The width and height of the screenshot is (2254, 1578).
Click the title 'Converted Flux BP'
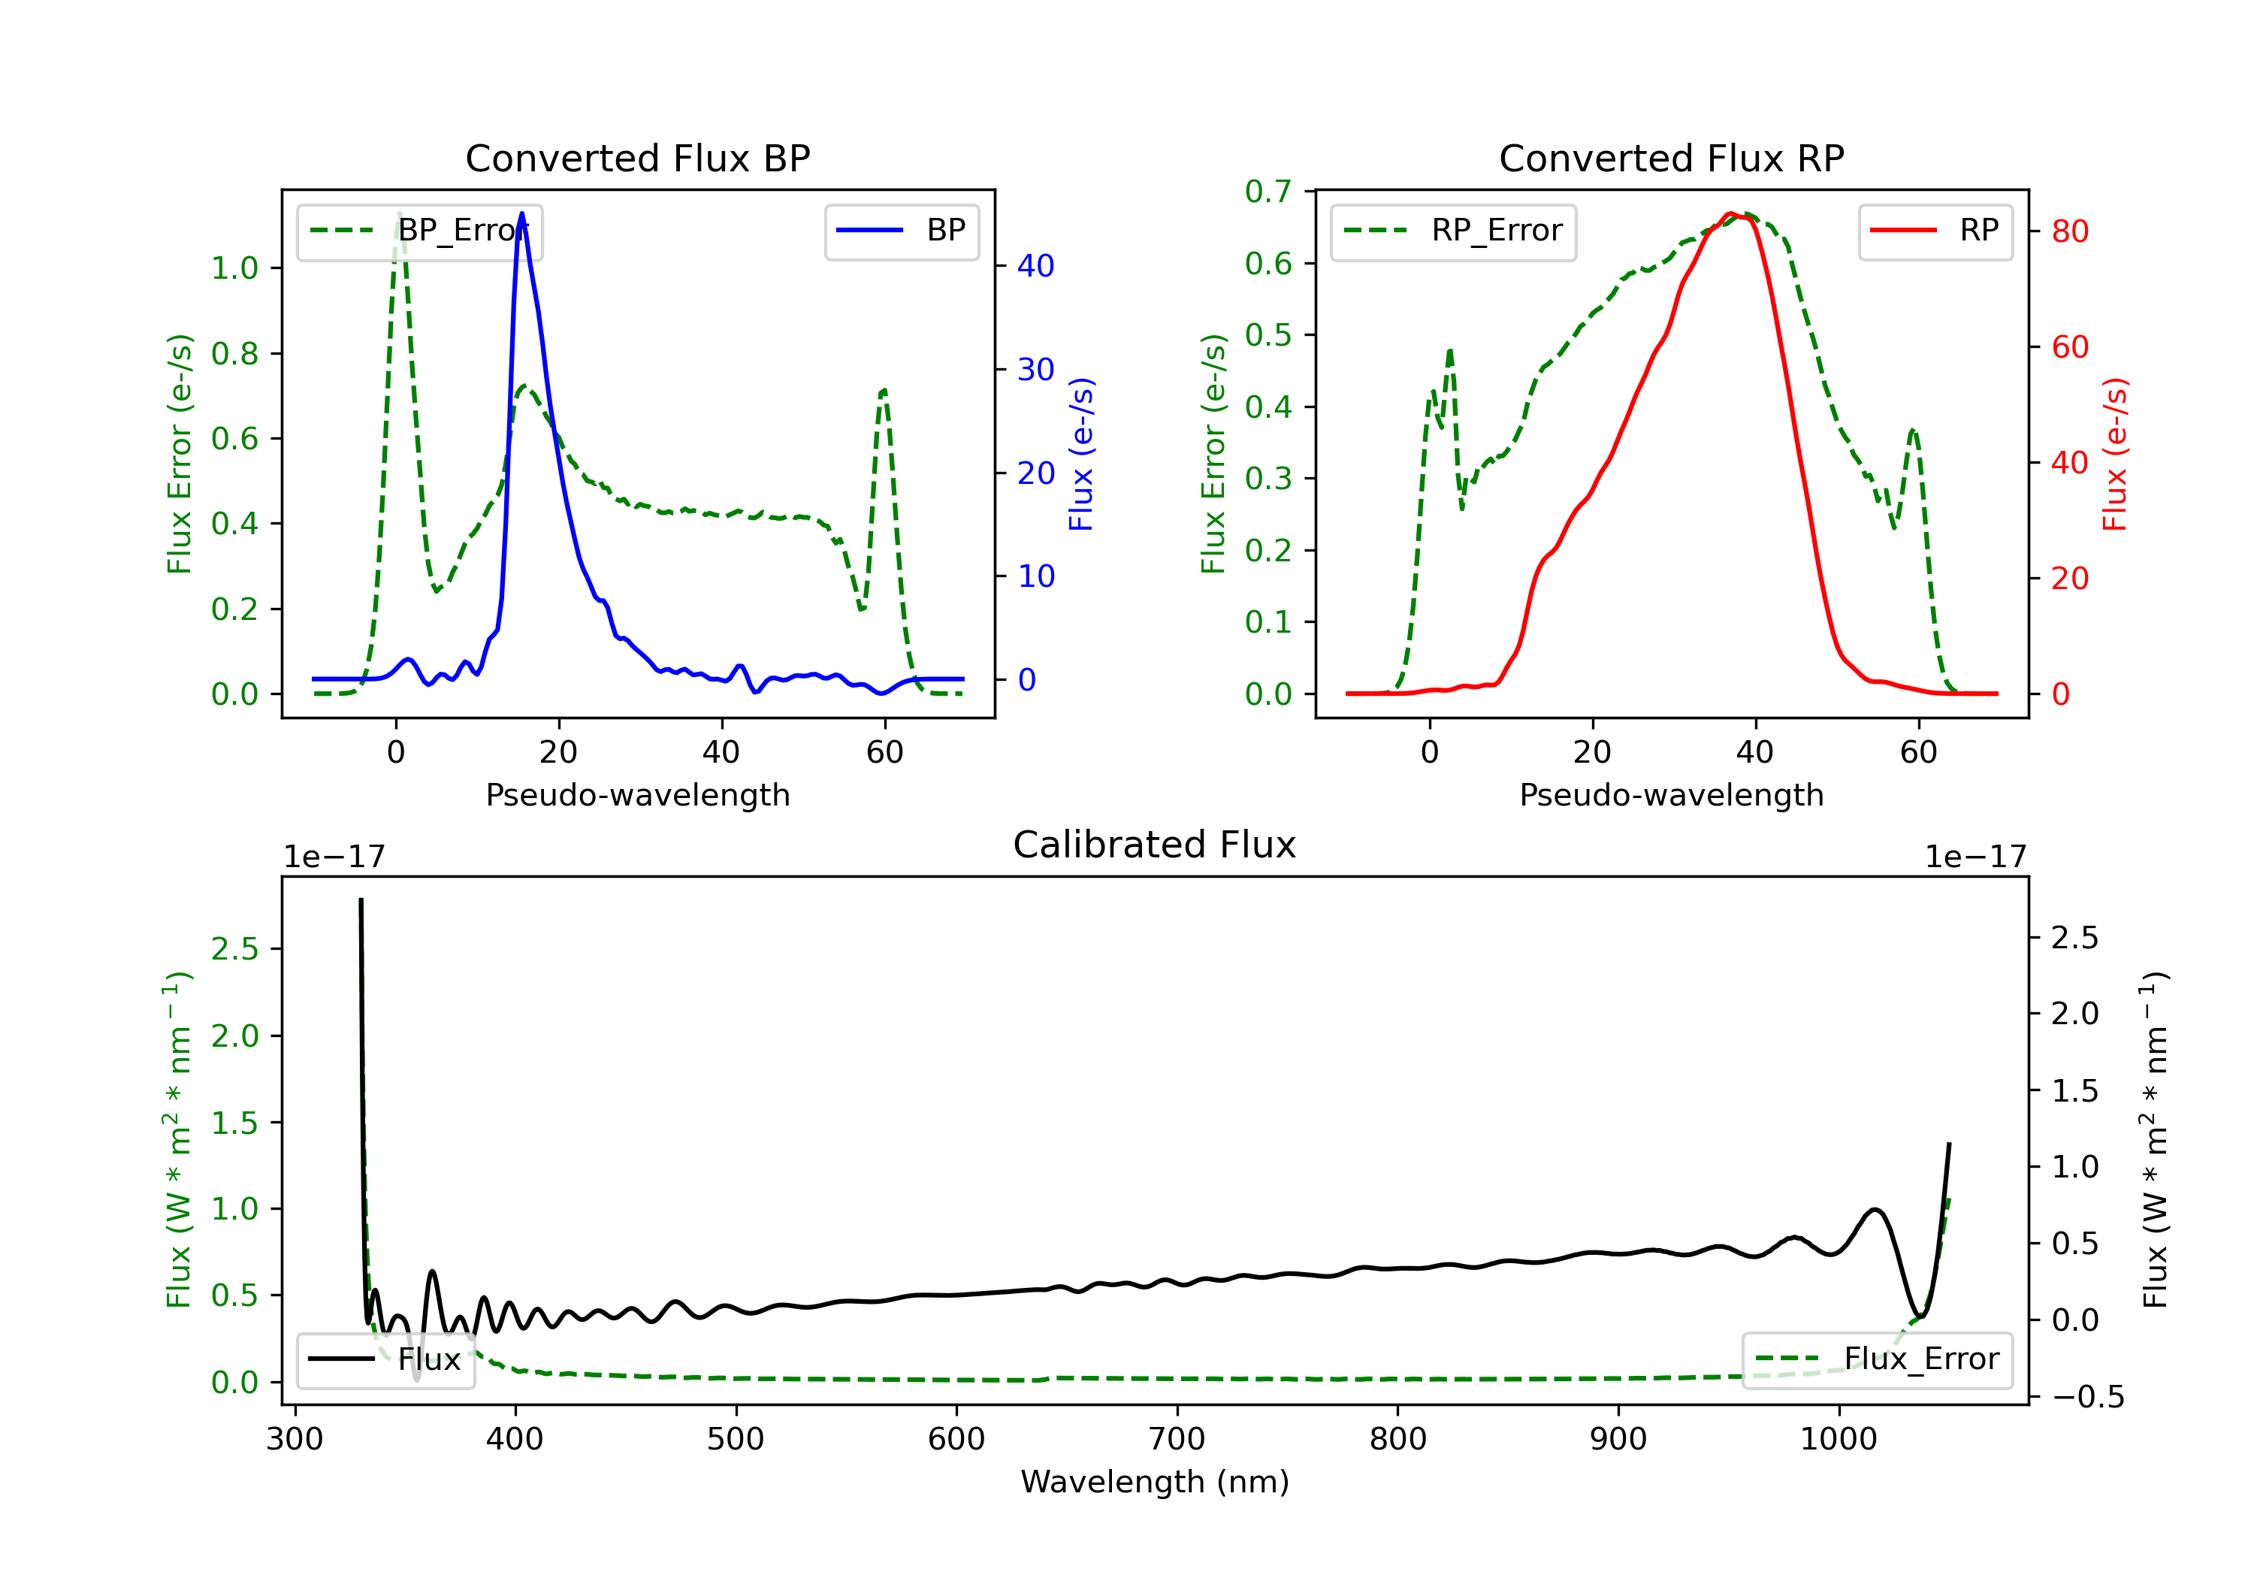point(637,158)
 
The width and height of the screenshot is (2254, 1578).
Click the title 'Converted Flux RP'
point(1671,158)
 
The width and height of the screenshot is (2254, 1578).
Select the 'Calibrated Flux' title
point(1155,845)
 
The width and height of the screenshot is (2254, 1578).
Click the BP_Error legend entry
point(419,231)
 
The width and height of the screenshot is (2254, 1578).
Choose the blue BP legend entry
point(901,231)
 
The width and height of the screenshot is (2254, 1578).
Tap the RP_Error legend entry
point(1453,231)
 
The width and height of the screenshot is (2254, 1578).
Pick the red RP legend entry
point(1935,231)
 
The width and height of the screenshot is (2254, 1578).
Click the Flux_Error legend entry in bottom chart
point(1877,1359)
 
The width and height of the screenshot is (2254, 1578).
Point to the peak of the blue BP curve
point(521,213)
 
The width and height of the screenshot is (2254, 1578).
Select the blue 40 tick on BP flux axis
point(1035,266)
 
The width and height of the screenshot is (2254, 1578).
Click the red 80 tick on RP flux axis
point(2069,231)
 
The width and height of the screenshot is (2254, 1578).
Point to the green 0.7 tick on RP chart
point(1268,192)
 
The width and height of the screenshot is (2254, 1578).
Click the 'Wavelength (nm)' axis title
point(1155,1482)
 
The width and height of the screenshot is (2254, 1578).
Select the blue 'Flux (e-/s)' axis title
point(1081,454)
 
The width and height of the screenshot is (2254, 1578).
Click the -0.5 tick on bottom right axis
point(2088,1398)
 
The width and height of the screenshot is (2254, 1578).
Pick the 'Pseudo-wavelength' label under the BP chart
point(638,795)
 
